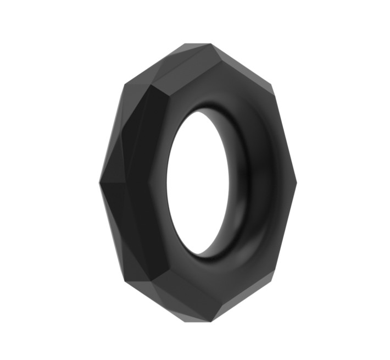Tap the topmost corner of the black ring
pos(198,43)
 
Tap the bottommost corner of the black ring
pos(198,322)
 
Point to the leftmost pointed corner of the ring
pos(99,182)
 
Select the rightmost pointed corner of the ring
pos(296,182)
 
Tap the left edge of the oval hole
pos(167,181)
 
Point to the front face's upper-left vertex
pos(151,88)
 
